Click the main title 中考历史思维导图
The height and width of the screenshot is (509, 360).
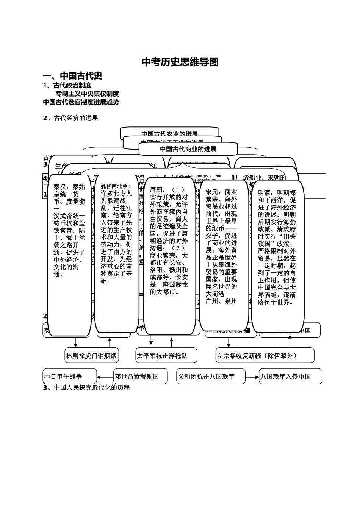(180, 62)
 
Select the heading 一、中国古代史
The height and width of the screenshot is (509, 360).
(72, 76)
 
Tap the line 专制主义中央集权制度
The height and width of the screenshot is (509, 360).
(87, 94)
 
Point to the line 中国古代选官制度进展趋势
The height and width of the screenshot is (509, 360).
(81, 102)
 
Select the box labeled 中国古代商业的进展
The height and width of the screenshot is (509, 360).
(188, 149)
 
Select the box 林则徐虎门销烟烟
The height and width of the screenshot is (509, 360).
(91, 356)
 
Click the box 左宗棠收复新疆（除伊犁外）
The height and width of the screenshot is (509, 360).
(265, 356)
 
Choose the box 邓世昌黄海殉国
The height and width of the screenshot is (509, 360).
(136, 376)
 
